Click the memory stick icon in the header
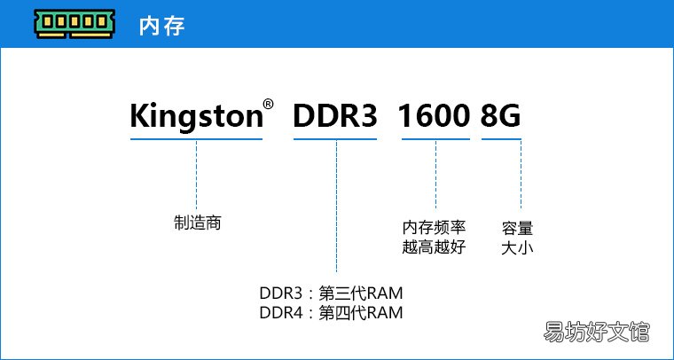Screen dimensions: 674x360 click(74, 24)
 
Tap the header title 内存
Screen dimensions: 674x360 click(161, 26)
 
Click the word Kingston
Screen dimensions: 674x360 click(197, 116)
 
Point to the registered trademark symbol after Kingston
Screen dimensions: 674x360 click(268, 104)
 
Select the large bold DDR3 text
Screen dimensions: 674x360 click(335, 115)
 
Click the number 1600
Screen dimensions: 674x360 click(434, 115)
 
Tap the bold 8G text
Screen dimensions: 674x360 click(500, 115)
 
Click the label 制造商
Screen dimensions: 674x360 click(197, 223)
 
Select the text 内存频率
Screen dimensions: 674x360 click(435, 226)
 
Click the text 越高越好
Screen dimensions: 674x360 click(435, 247)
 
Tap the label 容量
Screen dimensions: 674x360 click(517, 228)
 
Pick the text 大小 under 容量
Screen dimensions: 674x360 click(517, 248)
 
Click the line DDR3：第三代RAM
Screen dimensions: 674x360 click(331, 293)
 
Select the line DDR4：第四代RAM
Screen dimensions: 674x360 click(331, 313)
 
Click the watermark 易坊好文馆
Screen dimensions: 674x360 click(597, 333)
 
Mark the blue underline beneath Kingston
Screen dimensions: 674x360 click(197, 138)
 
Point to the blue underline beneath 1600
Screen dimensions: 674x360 click(435, 138)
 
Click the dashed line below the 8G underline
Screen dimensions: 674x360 click(521, 174)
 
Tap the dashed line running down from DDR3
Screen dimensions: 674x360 click(337, 207)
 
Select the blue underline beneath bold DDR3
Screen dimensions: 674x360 click(335, 138)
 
